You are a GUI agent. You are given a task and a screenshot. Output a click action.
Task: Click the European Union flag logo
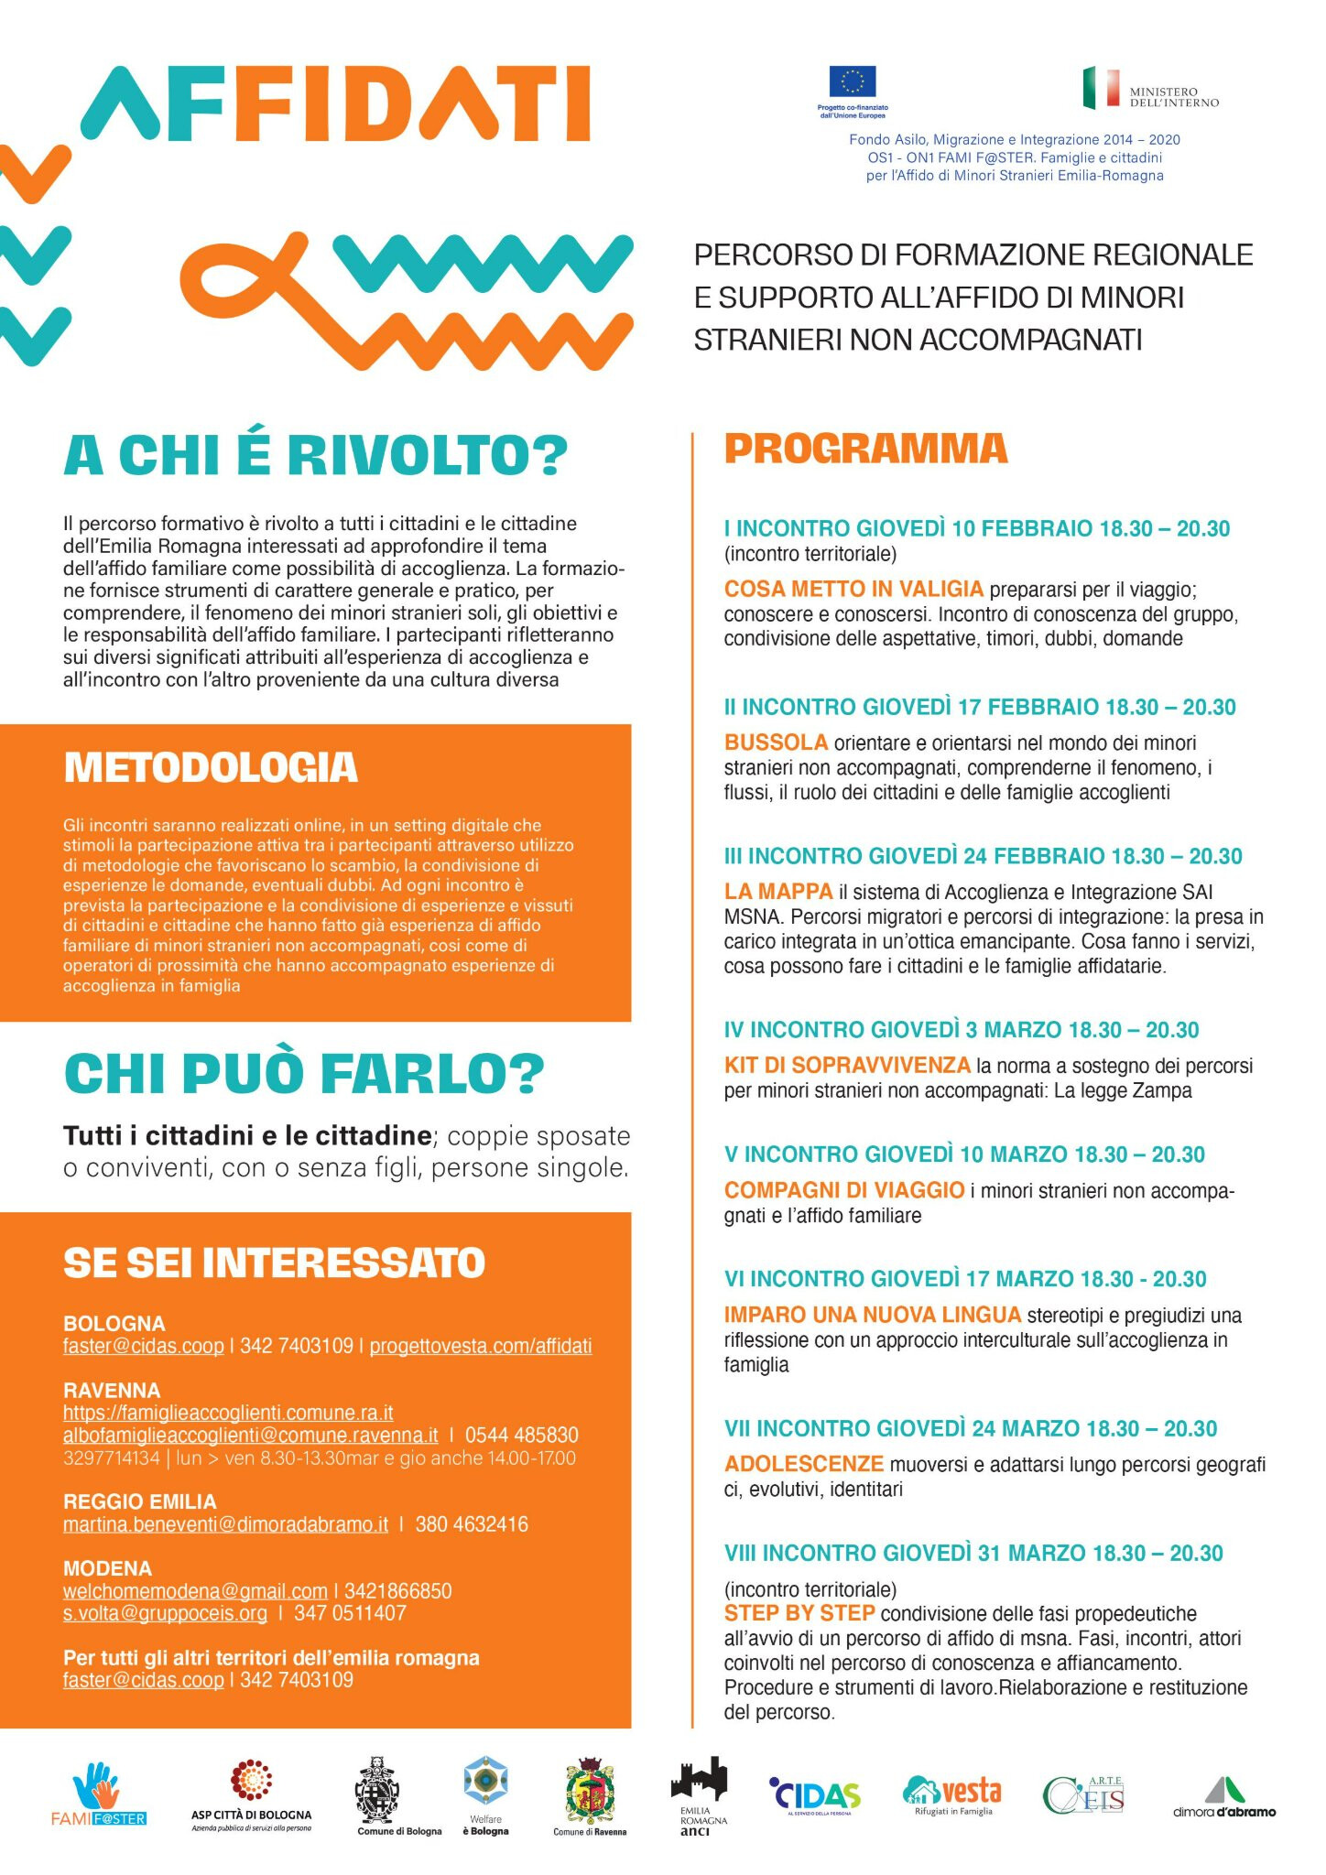(852, 81)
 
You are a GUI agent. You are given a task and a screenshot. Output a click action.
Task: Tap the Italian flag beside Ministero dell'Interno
(1101, 88)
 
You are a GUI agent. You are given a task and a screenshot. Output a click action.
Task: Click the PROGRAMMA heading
(865, 449)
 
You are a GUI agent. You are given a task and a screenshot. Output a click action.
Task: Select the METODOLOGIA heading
(211, 767)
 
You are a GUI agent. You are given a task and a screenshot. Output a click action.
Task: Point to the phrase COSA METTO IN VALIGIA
(853, 589)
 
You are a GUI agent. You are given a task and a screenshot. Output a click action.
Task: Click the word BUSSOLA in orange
(776, 742)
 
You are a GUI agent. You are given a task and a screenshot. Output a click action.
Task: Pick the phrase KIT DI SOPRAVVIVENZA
(847, 1065)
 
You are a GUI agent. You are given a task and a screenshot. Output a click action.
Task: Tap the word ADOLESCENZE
(804, 1464)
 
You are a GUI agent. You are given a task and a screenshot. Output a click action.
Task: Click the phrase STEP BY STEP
(799, 1613)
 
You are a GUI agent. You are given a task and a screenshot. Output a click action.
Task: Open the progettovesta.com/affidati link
(481, 1346)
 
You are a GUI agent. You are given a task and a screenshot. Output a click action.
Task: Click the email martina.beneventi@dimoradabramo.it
(225, 1524)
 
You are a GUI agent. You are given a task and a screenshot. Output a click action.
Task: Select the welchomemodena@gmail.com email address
(195, 1591)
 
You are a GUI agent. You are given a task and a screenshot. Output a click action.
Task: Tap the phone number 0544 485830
(522, 1435)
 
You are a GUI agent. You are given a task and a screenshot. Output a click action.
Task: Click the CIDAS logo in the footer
(815, 1797)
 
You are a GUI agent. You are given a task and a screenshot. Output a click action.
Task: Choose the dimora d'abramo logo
(1223, 1797)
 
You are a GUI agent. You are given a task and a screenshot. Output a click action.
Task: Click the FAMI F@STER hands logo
(98, 1794)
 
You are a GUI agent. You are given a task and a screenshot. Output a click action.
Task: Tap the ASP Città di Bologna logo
(251, 1794)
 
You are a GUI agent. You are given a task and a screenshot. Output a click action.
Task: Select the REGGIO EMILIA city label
(140, 1501)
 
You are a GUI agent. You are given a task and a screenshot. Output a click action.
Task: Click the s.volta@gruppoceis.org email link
(165, 1613)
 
